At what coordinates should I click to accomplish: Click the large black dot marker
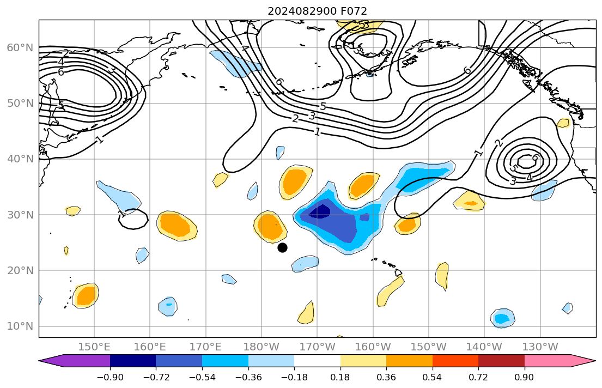(282, 247)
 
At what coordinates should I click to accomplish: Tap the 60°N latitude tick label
(20, 48)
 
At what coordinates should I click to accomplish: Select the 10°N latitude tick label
(20, 326)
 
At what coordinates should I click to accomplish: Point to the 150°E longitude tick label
(94, 347)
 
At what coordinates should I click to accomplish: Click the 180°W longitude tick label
(262, 347)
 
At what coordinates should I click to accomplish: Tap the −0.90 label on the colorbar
(110, 377)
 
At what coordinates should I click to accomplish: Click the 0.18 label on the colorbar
(340, 377)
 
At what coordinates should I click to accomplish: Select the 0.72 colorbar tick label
(478, 377)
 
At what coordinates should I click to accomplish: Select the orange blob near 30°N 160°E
(177, 224)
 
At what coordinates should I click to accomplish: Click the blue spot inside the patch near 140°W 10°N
(502, 317)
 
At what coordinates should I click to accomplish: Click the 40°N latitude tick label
(20, 159)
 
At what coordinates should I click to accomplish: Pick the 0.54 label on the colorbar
(433, 377)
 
